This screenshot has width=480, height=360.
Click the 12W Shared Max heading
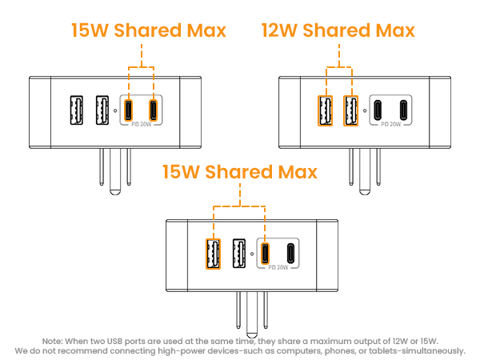pyautogui.click(x=338, y=30)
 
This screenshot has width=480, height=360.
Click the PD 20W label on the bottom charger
pyautogui.click(x=276, y=267)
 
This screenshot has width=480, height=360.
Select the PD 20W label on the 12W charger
pyautogui.click(x=391, y=124)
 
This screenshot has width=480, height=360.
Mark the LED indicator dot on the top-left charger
pyautogui.click(x=116, y=110)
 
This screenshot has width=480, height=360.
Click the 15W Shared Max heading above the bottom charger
pyautogui.click(x=239, y=172)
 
